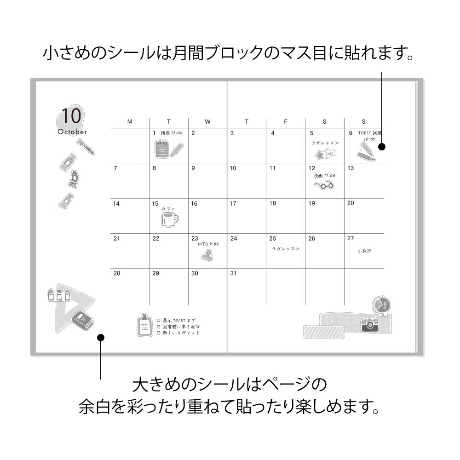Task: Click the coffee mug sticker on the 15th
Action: [x=169, y=219]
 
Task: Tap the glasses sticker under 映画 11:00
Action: [x=324, y=185]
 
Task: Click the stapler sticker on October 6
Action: [x=366, y=151]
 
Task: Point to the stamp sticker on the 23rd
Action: [x=207, y=255]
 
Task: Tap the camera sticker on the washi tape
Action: [x=370, y=325]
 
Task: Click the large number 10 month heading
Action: [x=71, y=116]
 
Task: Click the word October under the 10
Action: [x=72, y=132]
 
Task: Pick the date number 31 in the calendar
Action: [x=233, y=273]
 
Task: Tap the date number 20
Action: [x=351, y=203]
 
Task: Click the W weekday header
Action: [x=207, y=122]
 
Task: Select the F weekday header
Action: [x=286, y=122]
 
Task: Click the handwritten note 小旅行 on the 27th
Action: [x=364, y=251]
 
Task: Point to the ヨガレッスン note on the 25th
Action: [x=285, y=249]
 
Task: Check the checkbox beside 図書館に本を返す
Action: [x=158, y=326]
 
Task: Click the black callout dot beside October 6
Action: [x=381, y=147]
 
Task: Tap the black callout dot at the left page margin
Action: [x=101, y=338]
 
